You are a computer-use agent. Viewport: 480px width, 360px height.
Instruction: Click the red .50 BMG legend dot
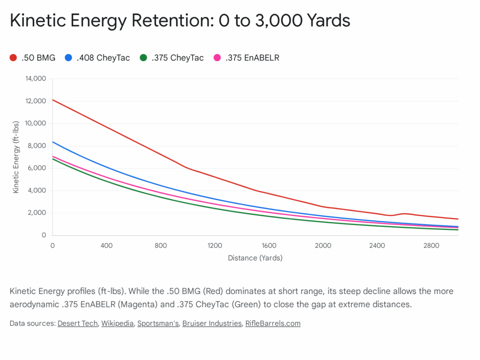pos(13,58)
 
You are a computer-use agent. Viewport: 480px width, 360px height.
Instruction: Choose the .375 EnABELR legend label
pos(252,58)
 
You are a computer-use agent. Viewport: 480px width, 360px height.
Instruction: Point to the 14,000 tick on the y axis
pos(36,79)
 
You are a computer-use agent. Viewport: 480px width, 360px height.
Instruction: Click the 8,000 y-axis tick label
pos(37,146)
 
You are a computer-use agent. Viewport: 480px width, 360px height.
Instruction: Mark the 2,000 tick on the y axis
pos(37,213)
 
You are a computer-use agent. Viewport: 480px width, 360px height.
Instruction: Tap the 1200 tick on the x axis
pos(215,246)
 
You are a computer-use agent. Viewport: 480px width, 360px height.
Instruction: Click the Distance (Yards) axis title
pos(255,258)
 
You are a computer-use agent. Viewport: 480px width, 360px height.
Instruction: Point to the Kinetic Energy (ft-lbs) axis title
pos(16,157)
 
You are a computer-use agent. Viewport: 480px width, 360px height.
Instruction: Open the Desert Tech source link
pos(78,323)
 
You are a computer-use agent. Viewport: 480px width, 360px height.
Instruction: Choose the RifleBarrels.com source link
pos(273,323)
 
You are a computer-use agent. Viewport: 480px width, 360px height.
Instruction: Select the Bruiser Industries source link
pos(211,323)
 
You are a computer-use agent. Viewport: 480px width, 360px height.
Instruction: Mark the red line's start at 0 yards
pos(53,100)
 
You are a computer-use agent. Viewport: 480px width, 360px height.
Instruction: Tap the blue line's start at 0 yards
pos(53,142)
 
